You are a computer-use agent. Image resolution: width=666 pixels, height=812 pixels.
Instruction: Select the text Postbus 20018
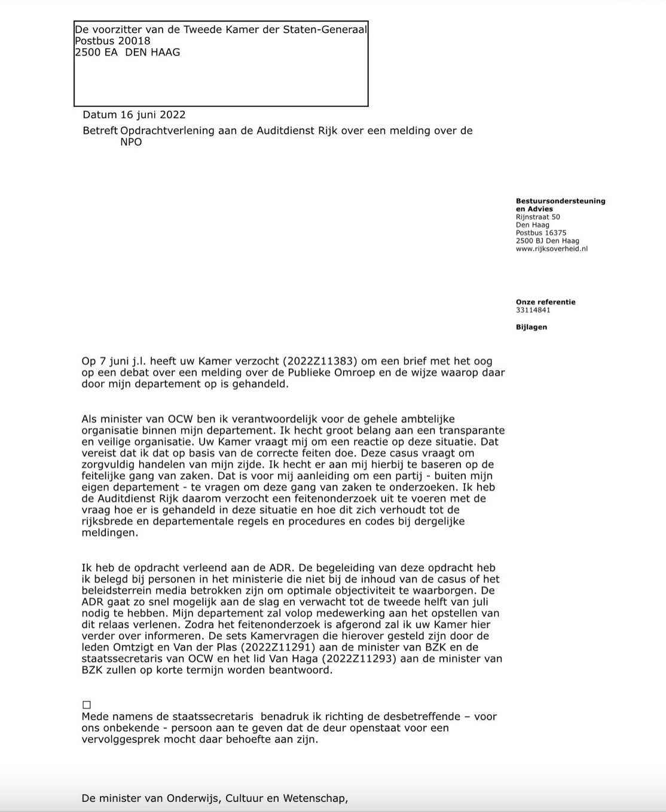click(x=112, y=41)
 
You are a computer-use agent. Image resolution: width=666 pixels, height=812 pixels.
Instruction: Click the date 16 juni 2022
click(x=153, y=115)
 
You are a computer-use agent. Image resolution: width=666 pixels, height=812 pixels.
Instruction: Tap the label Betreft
click(x=100, y=131)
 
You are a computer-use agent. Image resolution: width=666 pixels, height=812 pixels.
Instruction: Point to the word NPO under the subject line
click(x=131, y=143)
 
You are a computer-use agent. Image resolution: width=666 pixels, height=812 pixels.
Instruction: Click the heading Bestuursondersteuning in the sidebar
click(x=560, y=201)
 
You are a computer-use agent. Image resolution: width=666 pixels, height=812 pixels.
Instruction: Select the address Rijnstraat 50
click(x=537, y=217)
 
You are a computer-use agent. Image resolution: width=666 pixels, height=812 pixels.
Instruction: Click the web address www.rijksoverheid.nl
click(x=551, y=249)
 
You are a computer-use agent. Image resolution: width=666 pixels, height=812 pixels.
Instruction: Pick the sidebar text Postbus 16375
click(x=540, y=233)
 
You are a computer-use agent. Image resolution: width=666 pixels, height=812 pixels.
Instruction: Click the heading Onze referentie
click(x=545, y=302)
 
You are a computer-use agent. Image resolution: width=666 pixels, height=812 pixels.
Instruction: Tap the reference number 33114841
click(x=533, y=310)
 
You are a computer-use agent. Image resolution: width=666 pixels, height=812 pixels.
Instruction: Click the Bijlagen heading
click(x=531, y=327)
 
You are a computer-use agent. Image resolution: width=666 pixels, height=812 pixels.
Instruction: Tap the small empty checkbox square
click(x=87, y=705)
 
